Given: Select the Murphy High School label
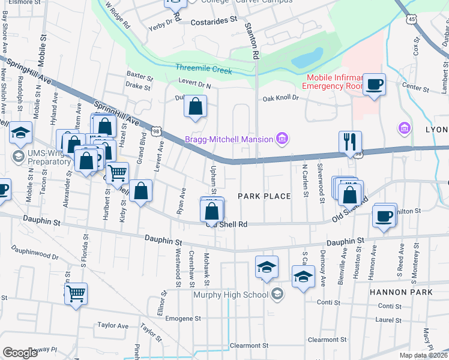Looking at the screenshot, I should pos(230,295).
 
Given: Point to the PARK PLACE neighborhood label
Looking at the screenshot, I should pos(264,196).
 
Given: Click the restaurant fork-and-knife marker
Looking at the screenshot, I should pos(350,142).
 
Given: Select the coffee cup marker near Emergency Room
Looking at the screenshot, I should pos(375,85).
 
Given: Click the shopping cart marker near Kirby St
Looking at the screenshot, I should pos(117,173).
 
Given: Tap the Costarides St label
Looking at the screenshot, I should pos(214,20).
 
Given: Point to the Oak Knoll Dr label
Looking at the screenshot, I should pos(279,100).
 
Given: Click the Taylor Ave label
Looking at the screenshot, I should pos(113,326).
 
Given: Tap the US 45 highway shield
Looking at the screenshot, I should pos(411,20).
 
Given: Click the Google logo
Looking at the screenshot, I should pos(20,353).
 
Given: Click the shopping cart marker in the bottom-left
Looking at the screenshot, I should pos(76,294).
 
